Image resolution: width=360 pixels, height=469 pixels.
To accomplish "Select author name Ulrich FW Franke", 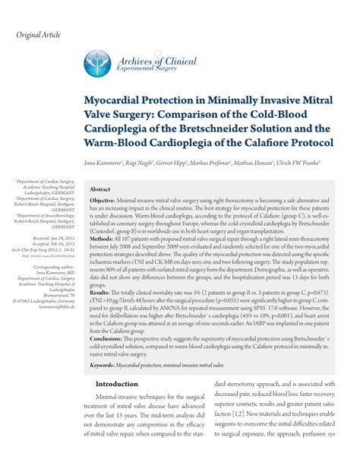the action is click(x=297, y=163).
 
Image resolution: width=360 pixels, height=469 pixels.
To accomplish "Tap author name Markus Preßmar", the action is click(x=223, y=163).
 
